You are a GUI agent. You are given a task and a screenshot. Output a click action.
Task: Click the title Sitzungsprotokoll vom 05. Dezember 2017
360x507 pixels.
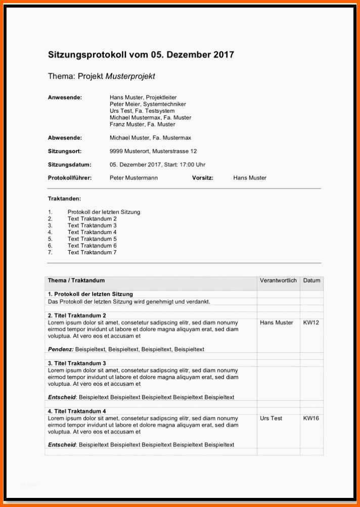(141, 55)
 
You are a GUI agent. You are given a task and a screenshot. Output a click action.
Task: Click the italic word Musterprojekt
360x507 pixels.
(130, 76)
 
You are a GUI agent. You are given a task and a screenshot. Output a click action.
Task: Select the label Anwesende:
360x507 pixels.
(65, 98)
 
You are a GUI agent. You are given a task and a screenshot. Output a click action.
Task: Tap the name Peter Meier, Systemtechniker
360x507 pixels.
(148, 104)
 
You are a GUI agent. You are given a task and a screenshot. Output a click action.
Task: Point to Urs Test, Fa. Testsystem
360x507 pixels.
(142, 111)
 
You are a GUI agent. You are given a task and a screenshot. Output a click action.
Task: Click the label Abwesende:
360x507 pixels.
(65, 137)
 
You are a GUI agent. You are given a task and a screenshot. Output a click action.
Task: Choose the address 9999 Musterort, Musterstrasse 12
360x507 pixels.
(153, 151)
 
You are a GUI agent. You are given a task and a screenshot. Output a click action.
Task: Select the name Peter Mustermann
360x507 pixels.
(133, 178)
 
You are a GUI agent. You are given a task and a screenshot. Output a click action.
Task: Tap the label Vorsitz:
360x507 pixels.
(203, 178)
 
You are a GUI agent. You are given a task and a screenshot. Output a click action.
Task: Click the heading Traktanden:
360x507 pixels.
(64, 199)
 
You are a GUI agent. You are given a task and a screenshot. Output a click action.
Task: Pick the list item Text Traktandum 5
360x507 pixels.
(92, 239)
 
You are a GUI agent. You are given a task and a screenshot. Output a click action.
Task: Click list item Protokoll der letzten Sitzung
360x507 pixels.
(104, 212)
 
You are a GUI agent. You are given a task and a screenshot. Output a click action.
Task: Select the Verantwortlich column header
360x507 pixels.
(278, 280)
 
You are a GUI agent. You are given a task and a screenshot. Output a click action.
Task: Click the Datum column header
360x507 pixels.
(311, 280)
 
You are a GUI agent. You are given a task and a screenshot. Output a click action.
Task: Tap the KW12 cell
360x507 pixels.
(311, 322)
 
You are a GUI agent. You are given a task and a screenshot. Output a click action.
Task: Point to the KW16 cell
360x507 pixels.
(311, 419)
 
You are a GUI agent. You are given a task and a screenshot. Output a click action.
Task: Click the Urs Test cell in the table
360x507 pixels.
(271, 419)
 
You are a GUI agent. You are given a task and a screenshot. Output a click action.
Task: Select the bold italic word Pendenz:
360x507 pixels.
(61, 349)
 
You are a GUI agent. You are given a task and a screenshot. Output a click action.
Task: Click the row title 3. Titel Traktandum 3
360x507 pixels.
(77, 363)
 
